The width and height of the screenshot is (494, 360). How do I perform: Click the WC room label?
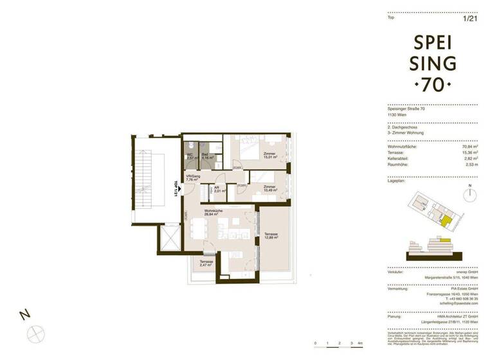pos(190,156)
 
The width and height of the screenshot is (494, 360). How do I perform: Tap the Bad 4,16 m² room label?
pos(205,156)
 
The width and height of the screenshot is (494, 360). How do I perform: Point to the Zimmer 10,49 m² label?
pos(270,188)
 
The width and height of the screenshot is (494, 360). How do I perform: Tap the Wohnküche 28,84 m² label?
pos(214,215)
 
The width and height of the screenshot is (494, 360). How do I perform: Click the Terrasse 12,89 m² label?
pos(271,237)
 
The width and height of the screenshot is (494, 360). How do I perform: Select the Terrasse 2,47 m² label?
pos(206,264)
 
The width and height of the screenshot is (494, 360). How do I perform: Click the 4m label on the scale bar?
pos(361,344)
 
